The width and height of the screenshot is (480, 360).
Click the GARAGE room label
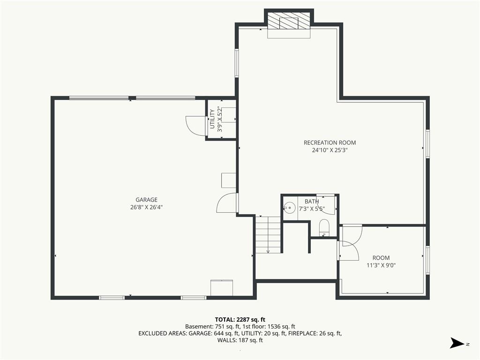[146, 200]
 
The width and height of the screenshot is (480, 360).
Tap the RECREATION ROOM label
[330, 142]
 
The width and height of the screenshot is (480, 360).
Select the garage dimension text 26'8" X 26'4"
[146, 207]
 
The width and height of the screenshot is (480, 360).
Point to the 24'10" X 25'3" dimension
[330, 150]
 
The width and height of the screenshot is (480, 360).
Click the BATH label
[312, 202]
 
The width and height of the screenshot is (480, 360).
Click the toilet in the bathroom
[323, 227]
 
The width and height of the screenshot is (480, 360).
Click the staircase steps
[268, 234]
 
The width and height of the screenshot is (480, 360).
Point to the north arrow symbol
[457, 343]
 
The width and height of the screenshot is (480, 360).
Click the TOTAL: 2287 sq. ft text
[240, 320]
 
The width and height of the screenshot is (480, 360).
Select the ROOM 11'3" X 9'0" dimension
[381, 265]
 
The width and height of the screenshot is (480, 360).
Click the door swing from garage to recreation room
[227, 202]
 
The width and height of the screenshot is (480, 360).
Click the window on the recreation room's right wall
[427, 144]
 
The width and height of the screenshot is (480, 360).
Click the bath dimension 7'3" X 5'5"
[312, 209]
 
